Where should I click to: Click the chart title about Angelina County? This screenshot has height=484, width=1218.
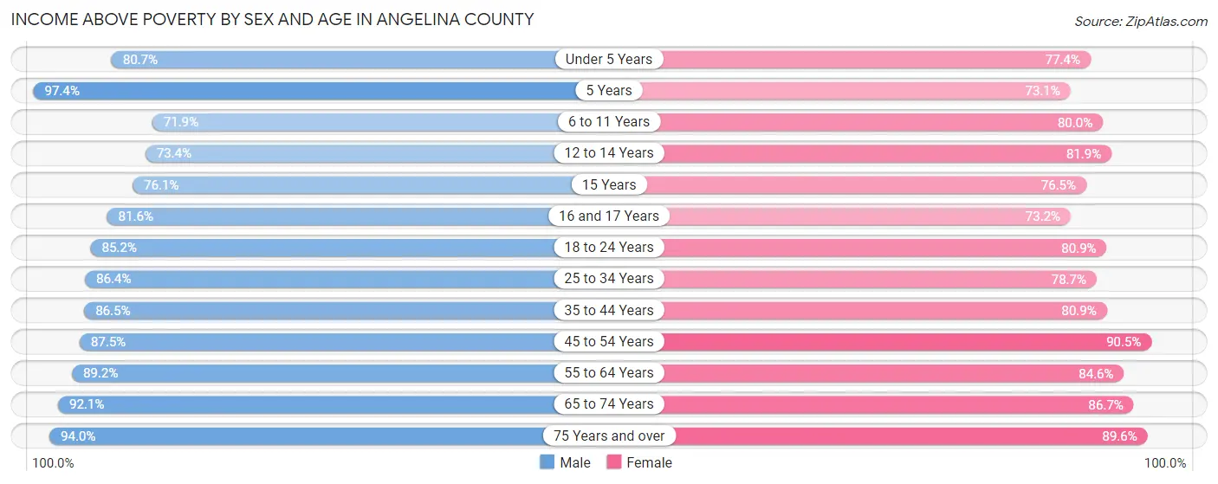pos(272,19)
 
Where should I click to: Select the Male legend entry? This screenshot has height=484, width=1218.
pos(566,462)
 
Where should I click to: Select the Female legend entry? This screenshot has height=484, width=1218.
pos(639,462)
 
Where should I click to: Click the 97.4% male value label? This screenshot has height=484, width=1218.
pos(62,90)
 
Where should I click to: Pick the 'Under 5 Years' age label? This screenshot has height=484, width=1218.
pos(609,59)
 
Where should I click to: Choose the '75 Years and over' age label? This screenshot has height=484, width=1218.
pos(609,436)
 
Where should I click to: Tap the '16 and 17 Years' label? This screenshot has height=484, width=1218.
pos(609,216)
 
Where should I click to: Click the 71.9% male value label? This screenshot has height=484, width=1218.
pos(181,121)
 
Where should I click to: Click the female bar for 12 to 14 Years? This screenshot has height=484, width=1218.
pos(866,153)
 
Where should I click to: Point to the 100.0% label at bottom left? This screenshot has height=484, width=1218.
pos(54,463)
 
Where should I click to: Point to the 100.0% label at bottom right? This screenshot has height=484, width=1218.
pos(1165,463)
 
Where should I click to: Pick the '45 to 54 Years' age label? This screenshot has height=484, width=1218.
pos(609,341)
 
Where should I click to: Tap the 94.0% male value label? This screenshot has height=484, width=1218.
pos(78,436)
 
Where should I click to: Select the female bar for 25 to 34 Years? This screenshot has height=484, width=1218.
pos(866,279)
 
